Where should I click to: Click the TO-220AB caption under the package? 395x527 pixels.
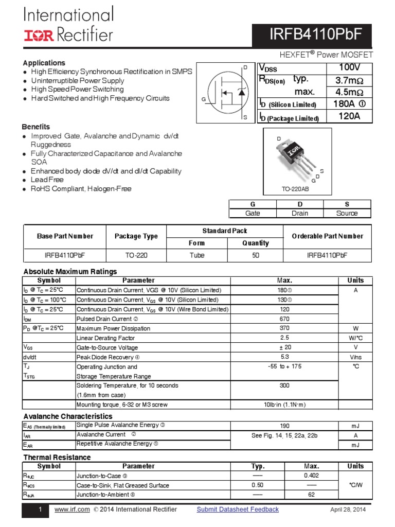295,189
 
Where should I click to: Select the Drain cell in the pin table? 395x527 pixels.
299,213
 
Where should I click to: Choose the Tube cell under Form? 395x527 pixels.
196,255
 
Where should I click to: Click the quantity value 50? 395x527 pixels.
256,255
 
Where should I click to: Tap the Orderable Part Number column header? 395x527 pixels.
327,236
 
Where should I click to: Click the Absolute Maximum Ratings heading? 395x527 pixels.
70,271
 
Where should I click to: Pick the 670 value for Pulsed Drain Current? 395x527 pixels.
284,319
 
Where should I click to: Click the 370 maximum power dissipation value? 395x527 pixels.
284,328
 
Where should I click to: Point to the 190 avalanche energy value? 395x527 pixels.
284,426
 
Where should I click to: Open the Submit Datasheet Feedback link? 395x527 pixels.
238,510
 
